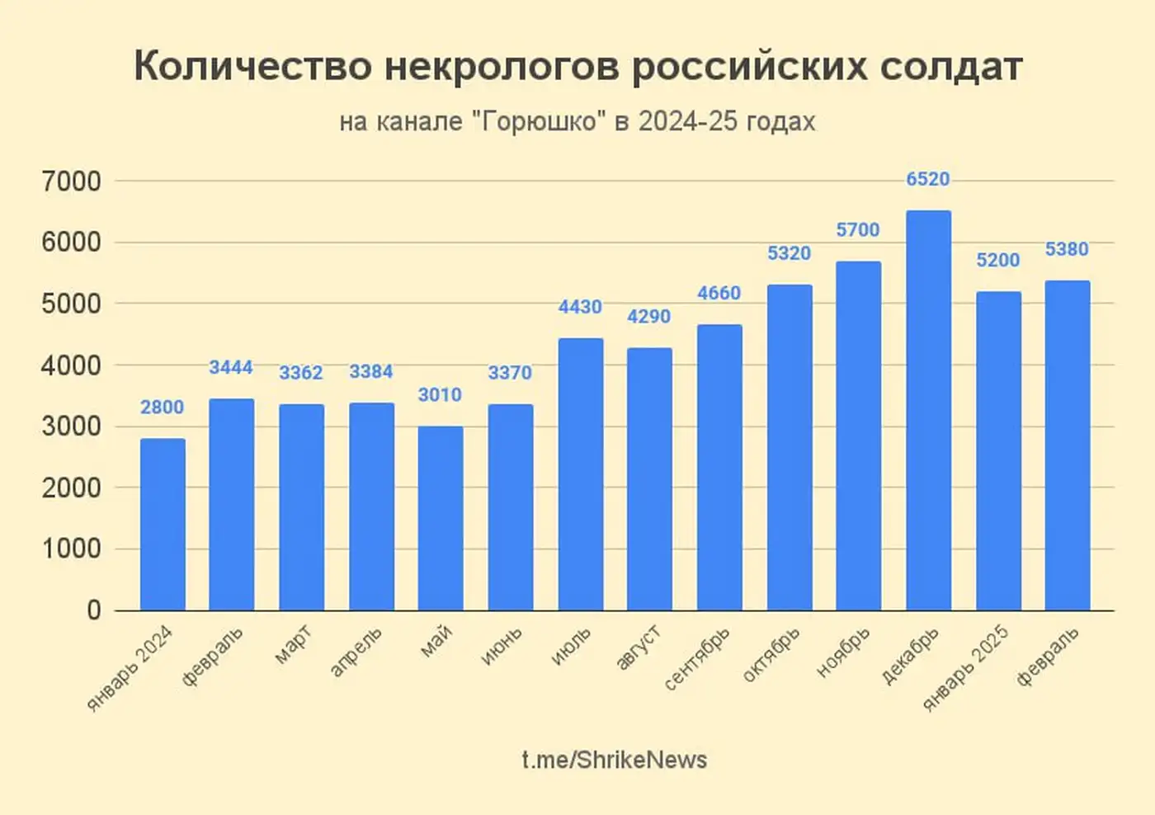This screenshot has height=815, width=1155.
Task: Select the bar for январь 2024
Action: pos(163,525)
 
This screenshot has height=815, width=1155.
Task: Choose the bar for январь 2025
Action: pos(998,451)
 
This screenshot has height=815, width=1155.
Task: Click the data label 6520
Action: pos(928,179)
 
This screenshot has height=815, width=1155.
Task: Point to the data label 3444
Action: pos(231,367)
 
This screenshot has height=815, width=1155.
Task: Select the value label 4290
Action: pos(649,316)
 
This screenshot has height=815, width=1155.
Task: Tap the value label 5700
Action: pos(858,230)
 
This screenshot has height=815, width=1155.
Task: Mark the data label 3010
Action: pos(440,395)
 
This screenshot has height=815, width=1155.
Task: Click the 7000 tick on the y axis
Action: pos(71,181)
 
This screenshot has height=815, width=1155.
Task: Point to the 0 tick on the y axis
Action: pos(93,610)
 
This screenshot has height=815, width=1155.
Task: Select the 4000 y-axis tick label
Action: pos(71,365)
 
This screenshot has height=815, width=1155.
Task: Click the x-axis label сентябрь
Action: pos(697,659)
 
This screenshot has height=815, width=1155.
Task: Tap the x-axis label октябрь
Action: pos(771,655)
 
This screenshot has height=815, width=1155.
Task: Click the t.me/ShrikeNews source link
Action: pos(614,760)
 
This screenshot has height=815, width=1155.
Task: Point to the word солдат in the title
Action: pos(950,66)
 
